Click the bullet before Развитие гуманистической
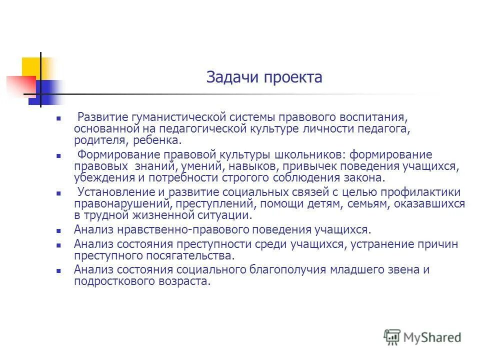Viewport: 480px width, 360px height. tap(59, 118)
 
